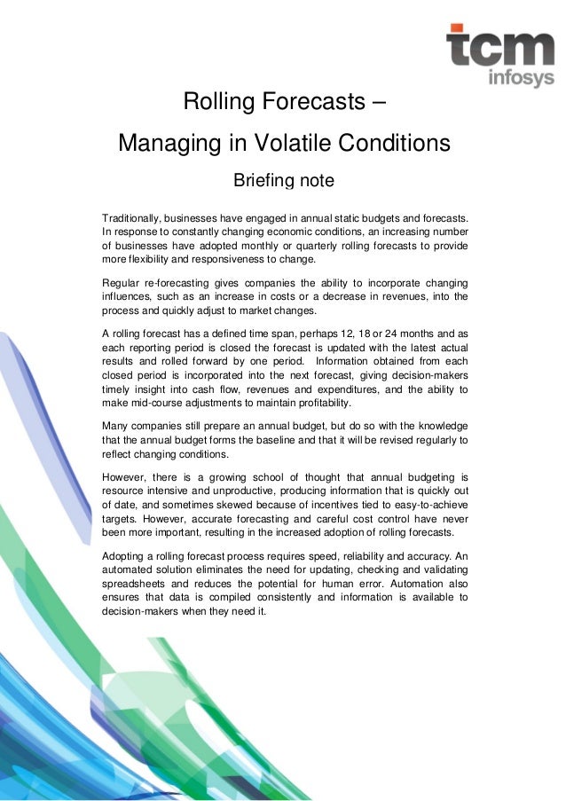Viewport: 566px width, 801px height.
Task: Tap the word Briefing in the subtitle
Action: pyautogui.click(x=263, y=182)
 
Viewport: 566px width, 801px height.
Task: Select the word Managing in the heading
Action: pyautogui.click(x=164, y=143)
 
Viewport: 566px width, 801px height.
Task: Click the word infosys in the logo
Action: pyautogui.click(x=521, y=79)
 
